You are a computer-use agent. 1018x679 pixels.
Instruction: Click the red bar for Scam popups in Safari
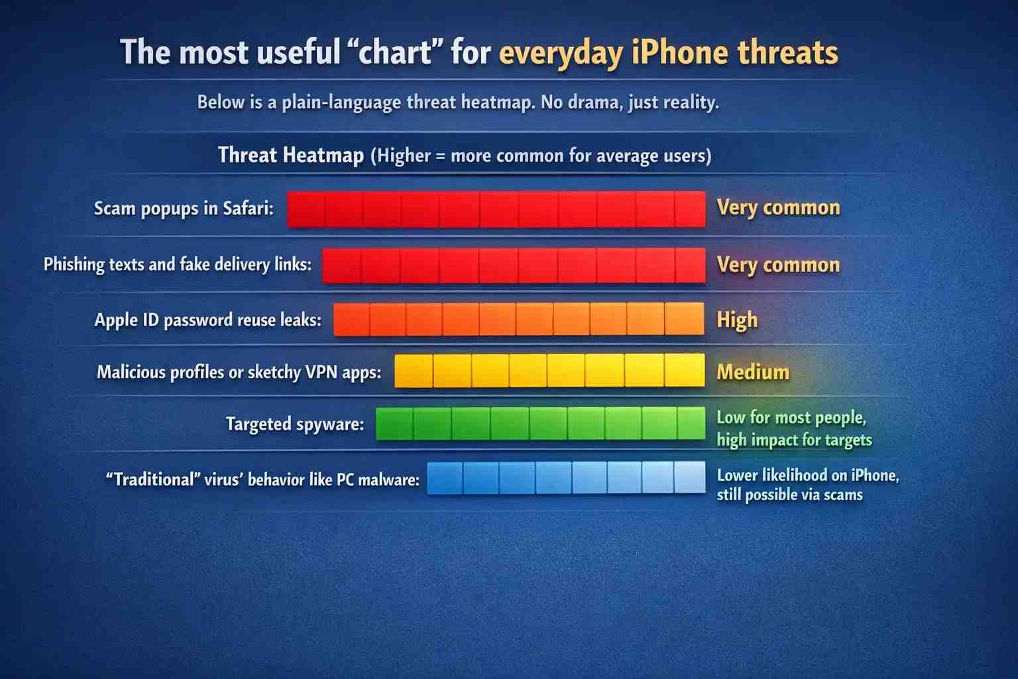pos(496,209)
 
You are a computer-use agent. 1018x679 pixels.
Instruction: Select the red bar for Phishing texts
pos(514,265)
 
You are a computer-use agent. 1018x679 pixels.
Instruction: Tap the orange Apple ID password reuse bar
pos(519,319)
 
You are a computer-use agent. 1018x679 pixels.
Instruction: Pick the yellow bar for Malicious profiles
pos(549,370)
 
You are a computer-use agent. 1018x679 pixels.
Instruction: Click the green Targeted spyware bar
pos(540,424)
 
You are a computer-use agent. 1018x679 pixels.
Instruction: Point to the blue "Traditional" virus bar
pos(566,478)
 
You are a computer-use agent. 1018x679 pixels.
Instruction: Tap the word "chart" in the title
pos(396,52)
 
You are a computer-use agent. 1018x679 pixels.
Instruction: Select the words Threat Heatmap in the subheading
pos(291,155)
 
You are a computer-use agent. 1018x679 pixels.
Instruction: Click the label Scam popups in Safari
pos(184,208)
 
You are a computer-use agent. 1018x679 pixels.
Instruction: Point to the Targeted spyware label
pos(295,424)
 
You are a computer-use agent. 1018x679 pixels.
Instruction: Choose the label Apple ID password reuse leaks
pos(207,320)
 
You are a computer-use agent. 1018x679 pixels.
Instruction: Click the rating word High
pos(737,320)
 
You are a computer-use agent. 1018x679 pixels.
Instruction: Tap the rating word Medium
pos(753,371)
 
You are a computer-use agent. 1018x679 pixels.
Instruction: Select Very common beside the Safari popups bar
pos(778,208)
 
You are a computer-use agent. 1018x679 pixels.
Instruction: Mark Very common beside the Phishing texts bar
pos(778,265)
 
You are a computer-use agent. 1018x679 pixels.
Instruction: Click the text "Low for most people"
pos(791,417)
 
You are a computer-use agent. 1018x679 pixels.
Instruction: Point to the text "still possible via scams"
pos(789,495)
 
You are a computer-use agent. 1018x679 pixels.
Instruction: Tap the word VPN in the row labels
pos(321,372)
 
